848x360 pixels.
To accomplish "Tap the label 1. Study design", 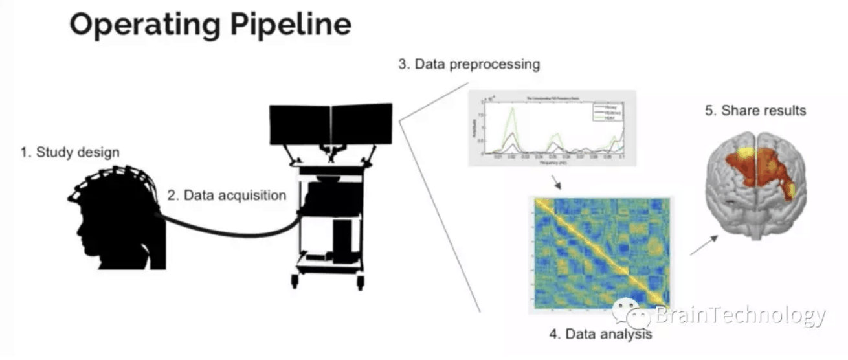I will point(70,153).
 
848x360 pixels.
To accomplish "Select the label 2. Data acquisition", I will point(227,194).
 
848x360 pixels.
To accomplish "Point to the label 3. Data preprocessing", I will point(469,65).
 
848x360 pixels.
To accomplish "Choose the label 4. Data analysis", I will point(600,334).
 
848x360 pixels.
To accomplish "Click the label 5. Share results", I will point(755,110).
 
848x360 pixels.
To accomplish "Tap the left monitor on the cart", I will point(300,124).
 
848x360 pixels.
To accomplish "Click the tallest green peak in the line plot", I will point(513,111).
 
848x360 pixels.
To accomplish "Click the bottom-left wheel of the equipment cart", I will point(295,281).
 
